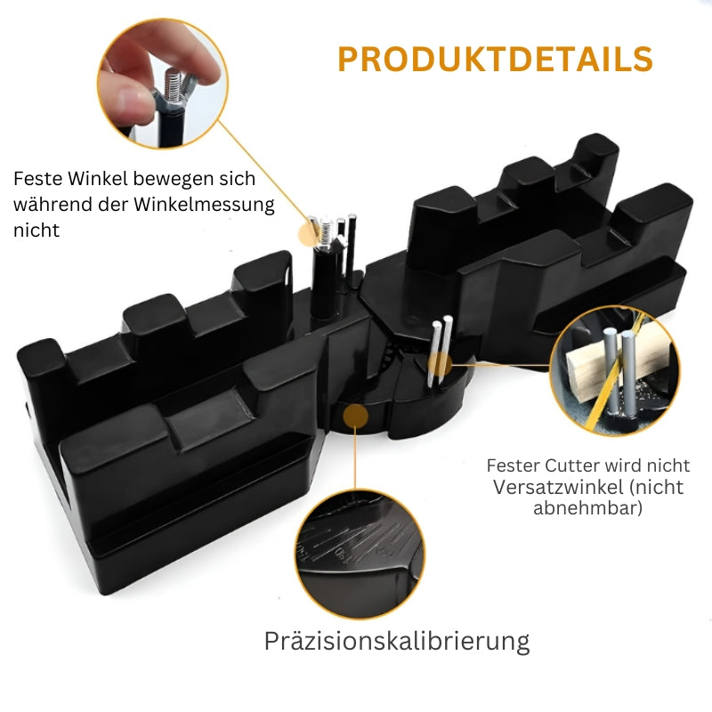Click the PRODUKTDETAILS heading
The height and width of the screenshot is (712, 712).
[495, 59]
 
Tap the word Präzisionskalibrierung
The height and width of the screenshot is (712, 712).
[397, 642]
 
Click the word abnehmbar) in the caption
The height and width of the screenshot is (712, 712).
[588, 507]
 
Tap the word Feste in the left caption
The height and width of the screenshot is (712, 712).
[37, 179]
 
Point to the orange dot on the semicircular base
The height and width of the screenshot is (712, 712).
[356, 416]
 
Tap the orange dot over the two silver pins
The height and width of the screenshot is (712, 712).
[440, 364]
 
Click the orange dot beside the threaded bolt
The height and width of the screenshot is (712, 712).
[310, 234]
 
